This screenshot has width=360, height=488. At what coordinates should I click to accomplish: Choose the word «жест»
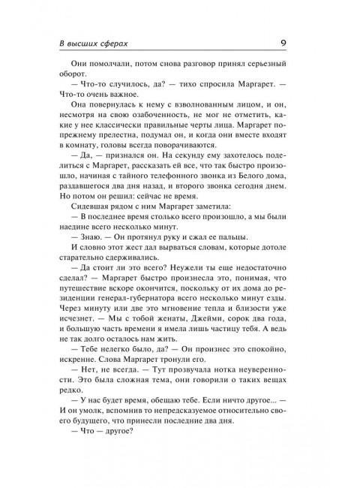(x=148, y=303)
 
